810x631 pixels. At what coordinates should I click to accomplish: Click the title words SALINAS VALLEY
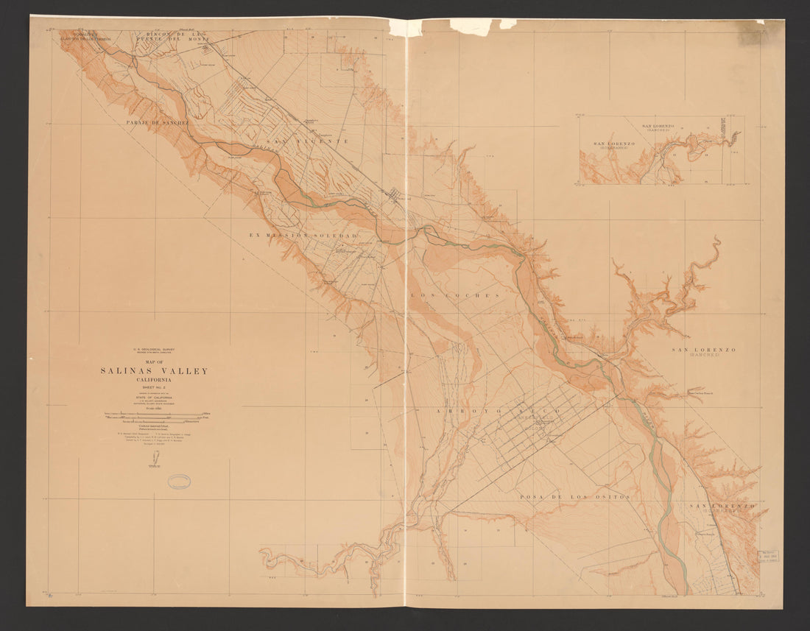point(154,371)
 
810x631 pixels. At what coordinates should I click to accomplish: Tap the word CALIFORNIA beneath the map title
point(154,380)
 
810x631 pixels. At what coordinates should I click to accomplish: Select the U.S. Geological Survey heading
point(154,350)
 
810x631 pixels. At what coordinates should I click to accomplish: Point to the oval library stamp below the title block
point(179,482)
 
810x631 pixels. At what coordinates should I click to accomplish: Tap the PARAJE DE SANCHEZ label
point(158,121)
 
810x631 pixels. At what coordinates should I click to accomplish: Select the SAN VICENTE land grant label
point(308,140)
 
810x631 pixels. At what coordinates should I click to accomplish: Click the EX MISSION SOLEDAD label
point(303,235)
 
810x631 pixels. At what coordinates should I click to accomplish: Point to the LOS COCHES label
point(454,295)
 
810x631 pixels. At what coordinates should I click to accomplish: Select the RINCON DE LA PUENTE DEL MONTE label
point(174,36)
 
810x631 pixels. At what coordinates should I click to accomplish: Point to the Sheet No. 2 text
point(154,387)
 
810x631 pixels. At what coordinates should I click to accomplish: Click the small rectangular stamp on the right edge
point(769,557)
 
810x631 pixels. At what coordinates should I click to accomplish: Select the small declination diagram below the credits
point(155,460)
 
